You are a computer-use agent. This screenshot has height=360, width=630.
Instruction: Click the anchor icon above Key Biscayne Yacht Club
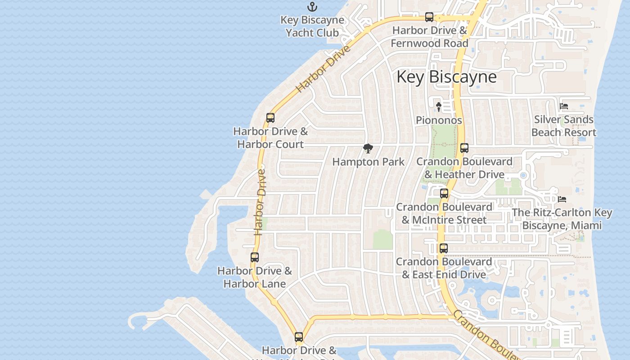tap(312, 7)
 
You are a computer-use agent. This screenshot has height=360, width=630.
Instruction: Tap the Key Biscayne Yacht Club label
tap(312, 27)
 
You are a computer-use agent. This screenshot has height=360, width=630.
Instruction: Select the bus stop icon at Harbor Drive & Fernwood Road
tap(429, 17)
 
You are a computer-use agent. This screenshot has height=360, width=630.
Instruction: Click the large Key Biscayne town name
tap(446, 77)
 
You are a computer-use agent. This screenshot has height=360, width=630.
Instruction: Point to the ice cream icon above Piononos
tap(439, 107)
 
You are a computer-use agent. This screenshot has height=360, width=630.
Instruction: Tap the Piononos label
tap(439, 120)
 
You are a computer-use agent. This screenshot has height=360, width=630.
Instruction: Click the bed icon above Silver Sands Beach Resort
tap(564, 107)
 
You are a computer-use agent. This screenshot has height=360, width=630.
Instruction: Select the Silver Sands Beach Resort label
tap(564, 126)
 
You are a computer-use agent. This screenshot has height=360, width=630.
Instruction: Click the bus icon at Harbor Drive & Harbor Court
tap(270, 118)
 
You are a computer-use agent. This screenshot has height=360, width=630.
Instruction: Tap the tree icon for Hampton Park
tap(368, 148)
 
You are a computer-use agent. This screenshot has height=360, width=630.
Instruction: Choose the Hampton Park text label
tap(368, 162)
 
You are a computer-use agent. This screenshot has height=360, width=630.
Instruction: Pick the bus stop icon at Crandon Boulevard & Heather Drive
tap(464, 148)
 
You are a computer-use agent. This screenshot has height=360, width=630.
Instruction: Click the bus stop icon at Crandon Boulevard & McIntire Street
tap(444, 193)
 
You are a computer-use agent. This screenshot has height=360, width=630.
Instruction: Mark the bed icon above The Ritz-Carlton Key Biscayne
tap(562, 199)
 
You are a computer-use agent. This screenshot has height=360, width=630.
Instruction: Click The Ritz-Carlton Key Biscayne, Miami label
tap(562, 219)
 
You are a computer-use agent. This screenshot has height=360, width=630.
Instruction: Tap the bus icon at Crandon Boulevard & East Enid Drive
tap(444, 248)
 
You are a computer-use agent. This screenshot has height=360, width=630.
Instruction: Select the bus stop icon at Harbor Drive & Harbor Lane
tap(255, 257)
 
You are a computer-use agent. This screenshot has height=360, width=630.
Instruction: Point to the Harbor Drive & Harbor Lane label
tap(255, 277)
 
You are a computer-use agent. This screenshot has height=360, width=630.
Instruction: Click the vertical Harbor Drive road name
tap(259, 202)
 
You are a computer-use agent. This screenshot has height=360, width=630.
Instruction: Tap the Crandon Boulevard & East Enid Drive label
tap(444, 268)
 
